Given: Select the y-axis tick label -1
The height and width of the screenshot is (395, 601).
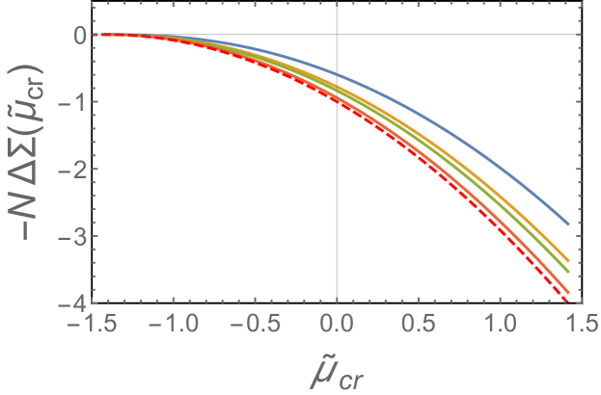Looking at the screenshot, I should click(x=73, y=102).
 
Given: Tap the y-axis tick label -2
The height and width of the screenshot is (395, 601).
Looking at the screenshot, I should click(x=73, y=170).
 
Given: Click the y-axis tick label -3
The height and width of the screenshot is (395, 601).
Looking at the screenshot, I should click(x=73, y=236).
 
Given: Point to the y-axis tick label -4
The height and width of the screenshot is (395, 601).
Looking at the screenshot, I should click(x=73, y=303).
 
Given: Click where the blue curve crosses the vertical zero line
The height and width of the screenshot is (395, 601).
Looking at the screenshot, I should click(x=336, y=73).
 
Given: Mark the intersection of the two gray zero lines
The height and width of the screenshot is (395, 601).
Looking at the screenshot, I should click(x=336, y=35).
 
